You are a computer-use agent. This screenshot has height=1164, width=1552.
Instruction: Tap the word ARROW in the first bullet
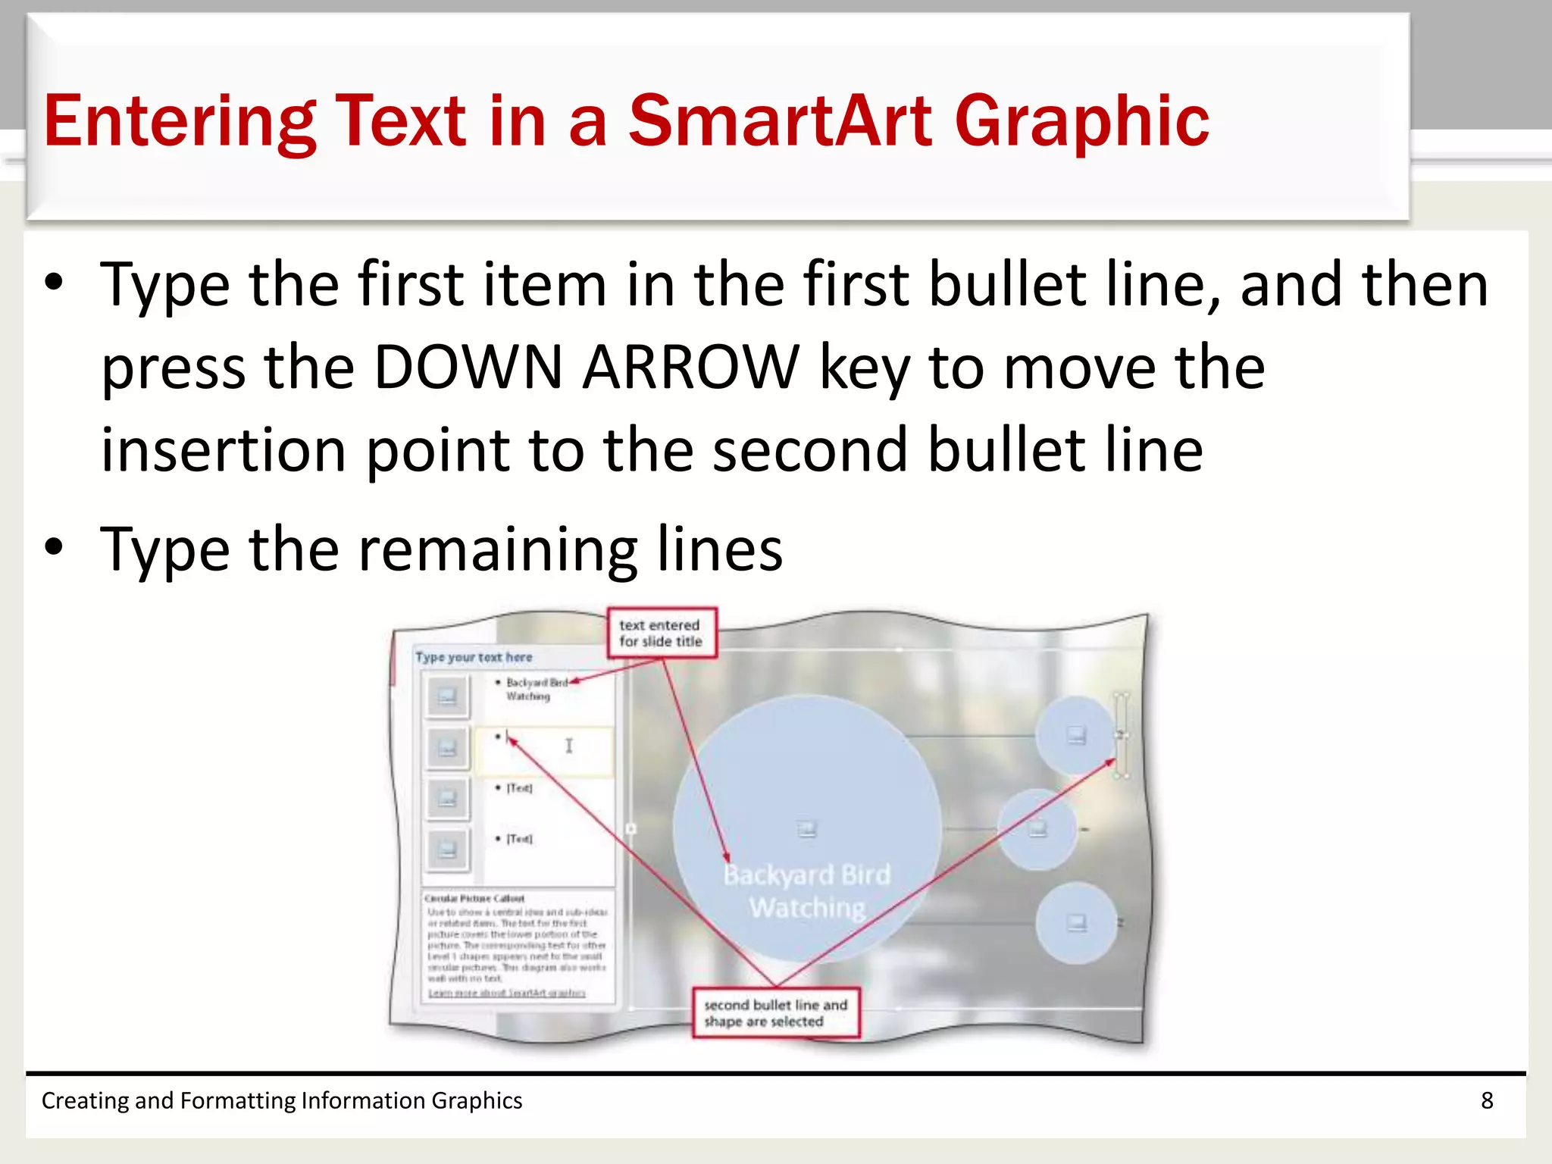(690, 368)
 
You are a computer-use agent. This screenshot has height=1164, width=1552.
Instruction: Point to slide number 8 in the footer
(1487, 1100)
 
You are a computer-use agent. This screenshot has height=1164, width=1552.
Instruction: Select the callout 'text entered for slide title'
(661, 633)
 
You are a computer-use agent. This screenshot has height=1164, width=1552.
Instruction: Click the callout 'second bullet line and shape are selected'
(775, 1012)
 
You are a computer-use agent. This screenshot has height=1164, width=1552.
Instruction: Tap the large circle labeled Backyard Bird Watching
(806, 826)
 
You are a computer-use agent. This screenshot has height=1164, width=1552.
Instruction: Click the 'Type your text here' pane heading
(474, 657)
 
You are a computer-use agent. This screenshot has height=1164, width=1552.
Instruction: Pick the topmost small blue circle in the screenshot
(1075, 735)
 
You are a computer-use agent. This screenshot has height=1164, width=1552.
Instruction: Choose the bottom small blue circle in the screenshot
(1076, 923)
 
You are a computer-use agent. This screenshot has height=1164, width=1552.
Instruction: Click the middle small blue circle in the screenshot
(1037, 829)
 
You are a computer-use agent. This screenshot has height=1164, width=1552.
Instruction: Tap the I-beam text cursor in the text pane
(569, 746)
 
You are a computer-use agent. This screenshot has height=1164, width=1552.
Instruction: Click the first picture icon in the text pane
(447, 696)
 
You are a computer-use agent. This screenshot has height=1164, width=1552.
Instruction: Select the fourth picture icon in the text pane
(447, 849)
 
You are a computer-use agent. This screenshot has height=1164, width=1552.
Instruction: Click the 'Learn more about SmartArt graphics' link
(506, 993)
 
